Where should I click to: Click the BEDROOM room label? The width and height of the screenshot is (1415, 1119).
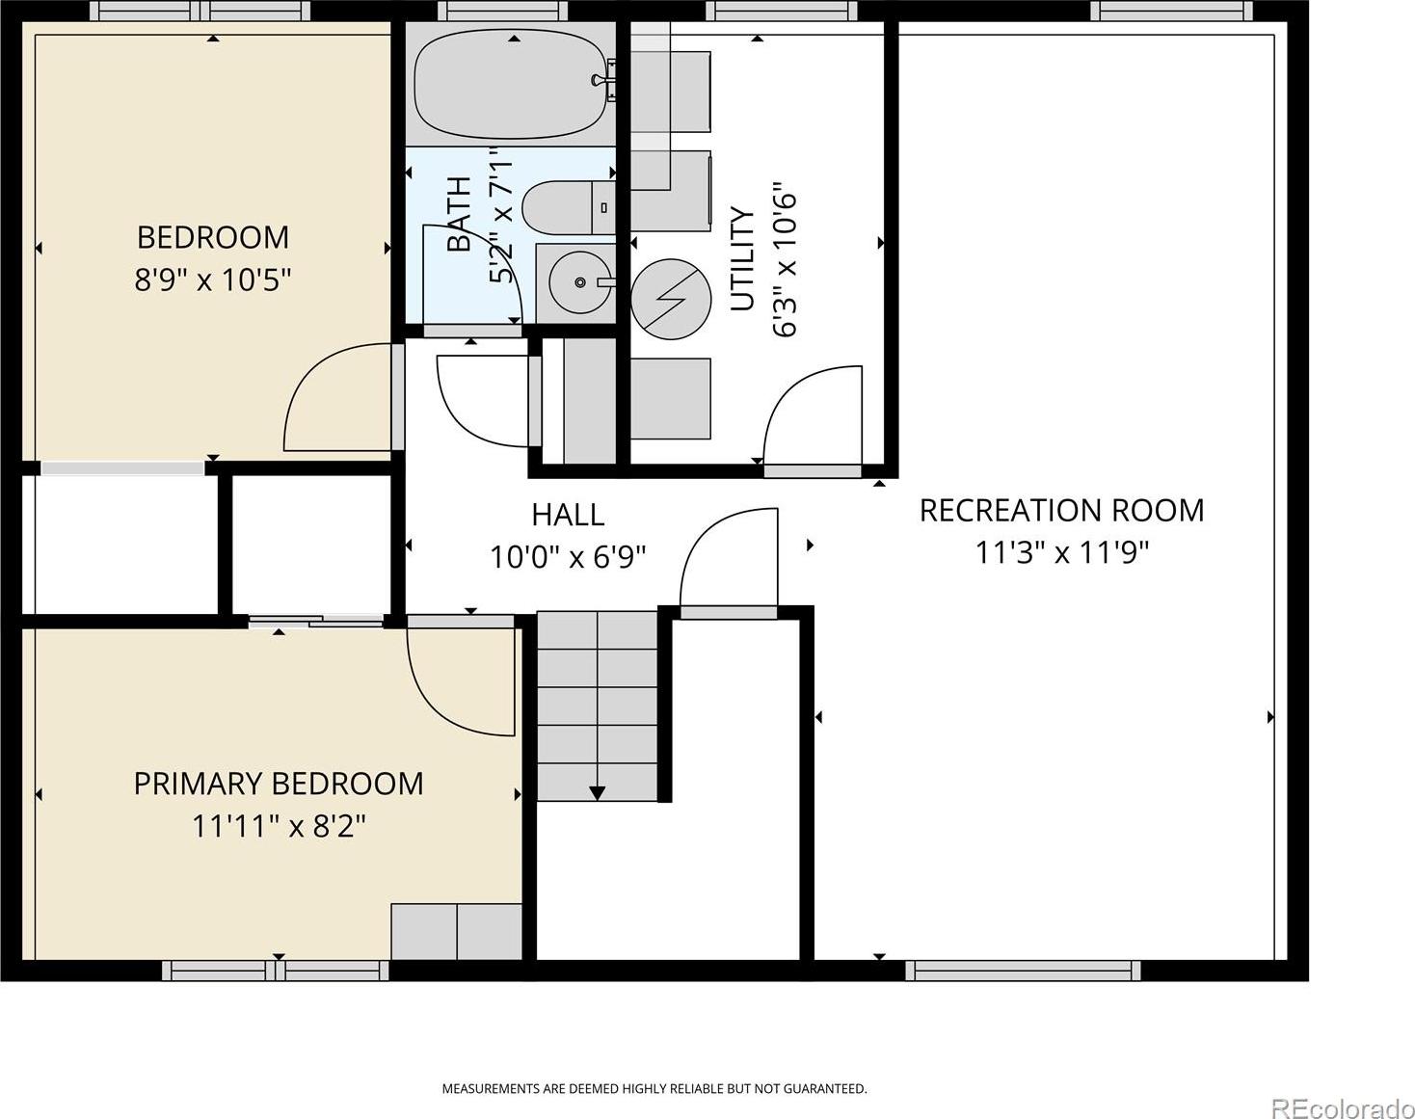[x=212, y=237]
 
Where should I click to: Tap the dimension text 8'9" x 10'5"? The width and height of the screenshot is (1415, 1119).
[x=212, y=280]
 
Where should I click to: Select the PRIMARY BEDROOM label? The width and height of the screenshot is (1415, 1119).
[x=279, y=784]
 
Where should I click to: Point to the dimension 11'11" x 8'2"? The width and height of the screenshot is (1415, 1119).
[x=279, y=826]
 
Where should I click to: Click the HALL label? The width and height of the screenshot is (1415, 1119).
[x=568, y=515]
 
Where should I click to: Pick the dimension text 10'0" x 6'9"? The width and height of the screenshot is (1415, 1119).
[x=569, y=557]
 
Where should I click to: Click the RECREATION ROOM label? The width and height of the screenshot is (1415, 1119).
[x=1061, y=510]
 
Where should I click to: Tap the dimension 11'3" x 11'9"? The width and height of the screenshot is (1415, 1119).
[x=1061, y=552]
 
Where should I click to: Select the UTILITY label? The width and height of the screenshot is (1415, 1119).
[x=742, y=258]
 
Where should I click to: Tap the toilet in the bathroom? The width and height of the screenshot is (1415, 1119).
[x=570, y=207]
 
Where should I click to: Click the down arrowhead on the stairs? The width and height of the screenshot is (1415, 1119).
[x=597, y=792]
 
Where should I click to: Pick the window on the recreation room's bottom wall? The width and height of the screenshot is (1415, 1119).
[x=1023, y=971]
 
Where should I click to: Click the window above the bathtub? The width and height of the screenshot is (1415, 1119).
[x=502, y=11]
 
